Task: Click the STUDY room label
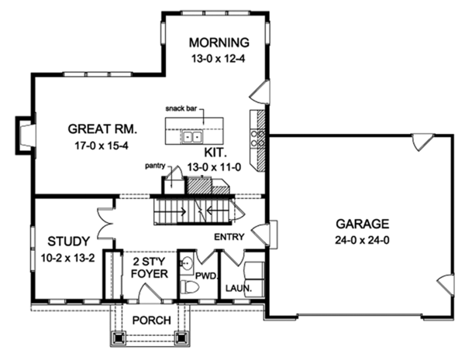click(69, 240)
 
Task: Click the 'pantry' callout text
click(157, 166)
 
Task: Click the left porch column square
click(119, 338)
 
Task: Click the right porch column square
click(182, 338)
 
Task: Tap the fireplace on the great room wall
click(26, 132)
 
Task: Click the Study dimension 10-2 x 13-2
click(69, 258)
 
